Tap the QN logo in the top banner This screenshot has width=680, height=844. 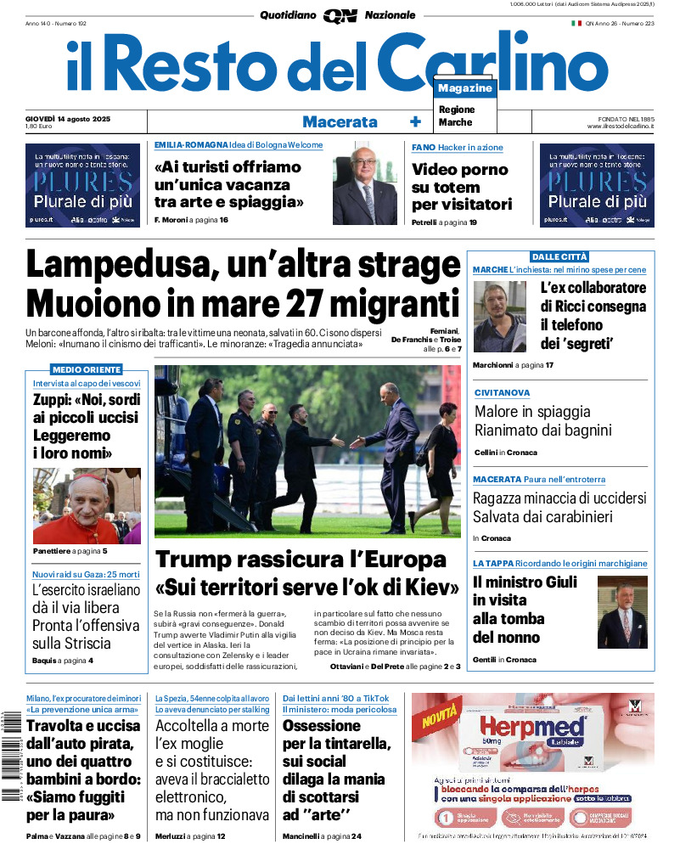(x=340, y=15)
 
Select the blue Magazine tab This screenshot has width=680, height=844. (x=465, y=88)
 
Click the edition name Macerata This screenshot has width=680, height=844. (x=340, y=121)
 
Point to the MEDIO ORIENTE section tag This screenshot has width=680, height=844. (x=87, y=369)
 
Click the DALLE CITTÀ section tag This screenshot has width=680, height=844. (x=559, y=256)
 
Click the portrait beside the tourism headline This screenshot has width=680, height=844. (x=364, y=183)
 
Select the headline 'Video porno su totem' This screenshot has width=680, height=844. (x=461, y=187)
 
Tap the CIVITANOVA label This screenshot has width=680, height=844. (x=502, y=393)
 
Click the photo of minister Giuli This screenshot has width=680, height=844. (x=622, y=612)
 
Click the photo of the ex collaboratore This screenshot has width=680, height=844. (x=500, y=317)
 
